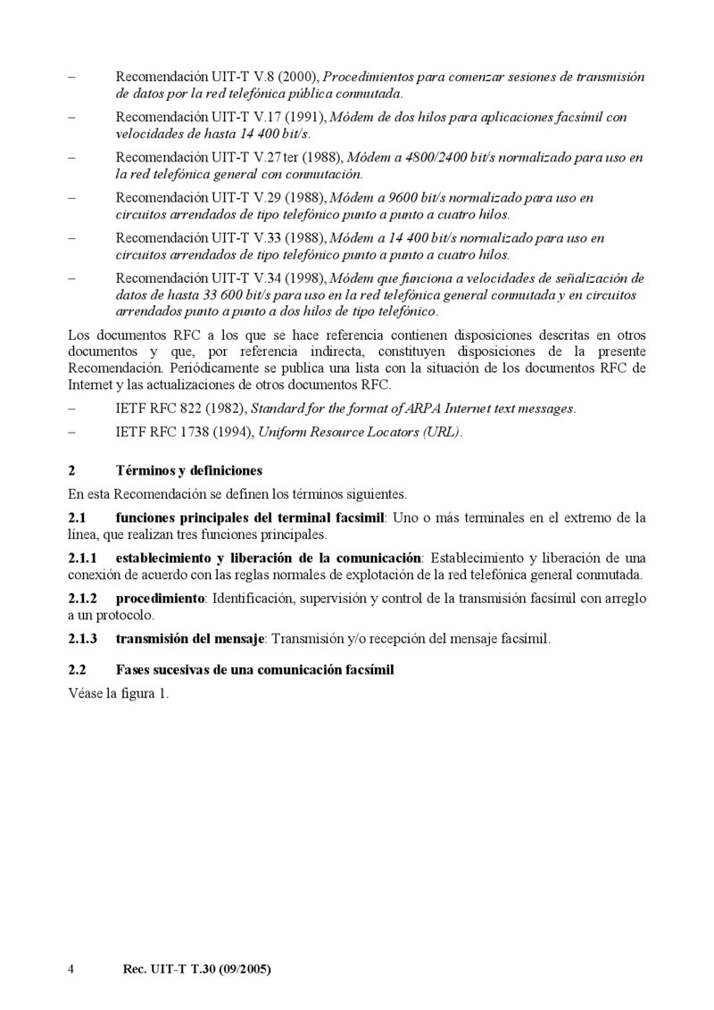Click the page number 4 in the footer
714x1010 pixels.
coord(71,968)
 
